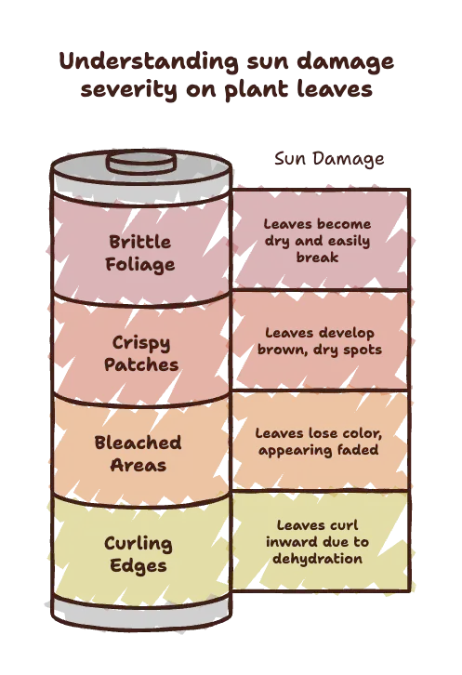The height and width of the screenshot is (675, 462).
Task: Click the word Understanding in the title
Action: click(149, 62)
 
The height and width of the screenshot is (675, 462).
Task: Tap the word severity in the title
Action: click(128, 89)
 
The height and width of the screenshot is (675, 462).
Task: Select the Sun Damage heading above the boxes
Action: click(329, 159)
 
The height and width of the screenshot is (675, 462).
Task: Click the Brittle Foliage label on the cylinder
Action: click(140, 253)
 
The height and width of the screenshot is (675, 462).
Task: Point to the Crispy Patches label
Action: click(141, 353)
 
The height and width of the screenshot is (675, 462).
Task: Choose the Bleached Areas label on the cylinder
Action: click(138, 454)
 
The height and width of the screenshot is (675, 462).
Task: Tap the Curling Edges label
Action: click(139, 554)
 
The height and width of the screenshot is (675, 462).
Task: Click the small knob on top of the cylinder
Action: click(141, 163)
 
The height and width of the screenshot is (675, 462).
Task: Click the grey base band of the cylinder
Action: click(141, 615)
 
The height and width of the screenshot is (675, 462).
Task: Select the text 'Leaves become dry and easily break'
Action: click(317, 241)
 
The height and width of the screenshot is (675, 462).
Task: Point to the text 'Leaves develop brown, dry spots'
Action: click(320, 341)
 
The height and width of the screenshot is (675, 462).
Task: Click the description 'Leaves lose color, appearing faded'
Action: click(319, 442)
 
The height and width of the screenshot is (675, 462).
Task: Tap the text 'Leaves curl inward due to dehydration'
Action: click(317, 542)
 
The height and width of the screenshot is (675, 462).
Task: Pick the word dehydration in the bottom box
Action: click(317, 559)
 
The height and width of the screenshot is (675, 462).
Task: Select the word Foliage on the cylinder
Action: click(140, 265)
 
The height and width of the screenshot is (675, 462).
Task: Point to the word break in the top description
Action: click(317, 258)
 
